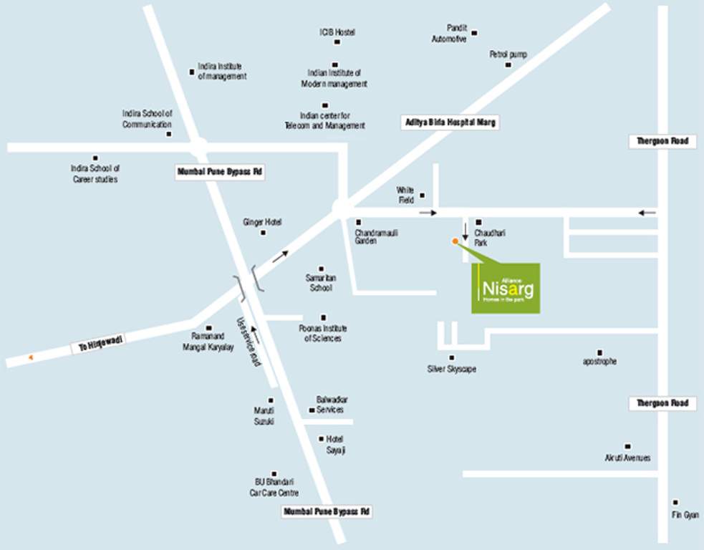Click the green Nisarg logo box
point(506,289)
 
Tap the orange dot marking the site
point(455,241)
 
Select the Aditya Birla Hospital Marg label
point(448,122)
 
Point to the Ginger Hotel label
point(262,222)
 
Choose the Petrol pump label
point(508,54)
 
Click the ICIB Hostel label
point(337,32)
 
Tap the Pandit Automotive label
point(449,34)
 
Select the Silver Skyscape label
point(451,369)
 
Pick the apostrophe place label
point(599,362)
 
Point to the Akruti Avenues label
point(627,458)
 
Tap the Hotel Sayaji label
point(335,444)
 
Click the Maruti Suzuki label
point(264,416)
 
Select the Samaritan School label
point(321,282)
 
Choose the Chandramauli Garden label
point(376,237)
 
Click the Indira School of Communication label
point(148,119)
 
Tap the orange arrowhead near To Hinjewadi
point(30,356)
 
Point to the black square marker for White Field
point(423,195)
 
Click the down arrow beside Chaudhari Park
point(465,231)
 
